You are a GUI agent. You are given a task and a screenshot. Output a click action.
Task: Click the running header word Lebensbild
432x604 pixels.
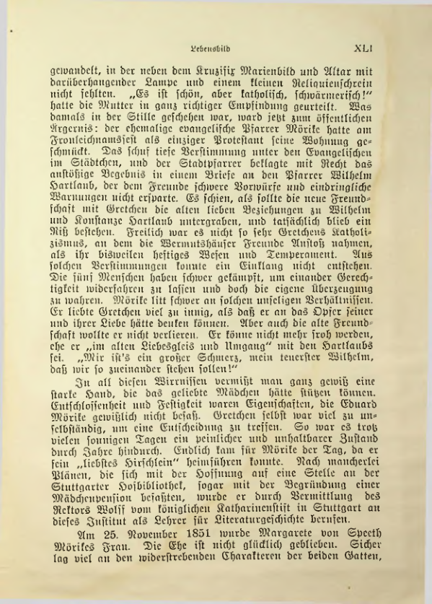pos(209,51)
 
